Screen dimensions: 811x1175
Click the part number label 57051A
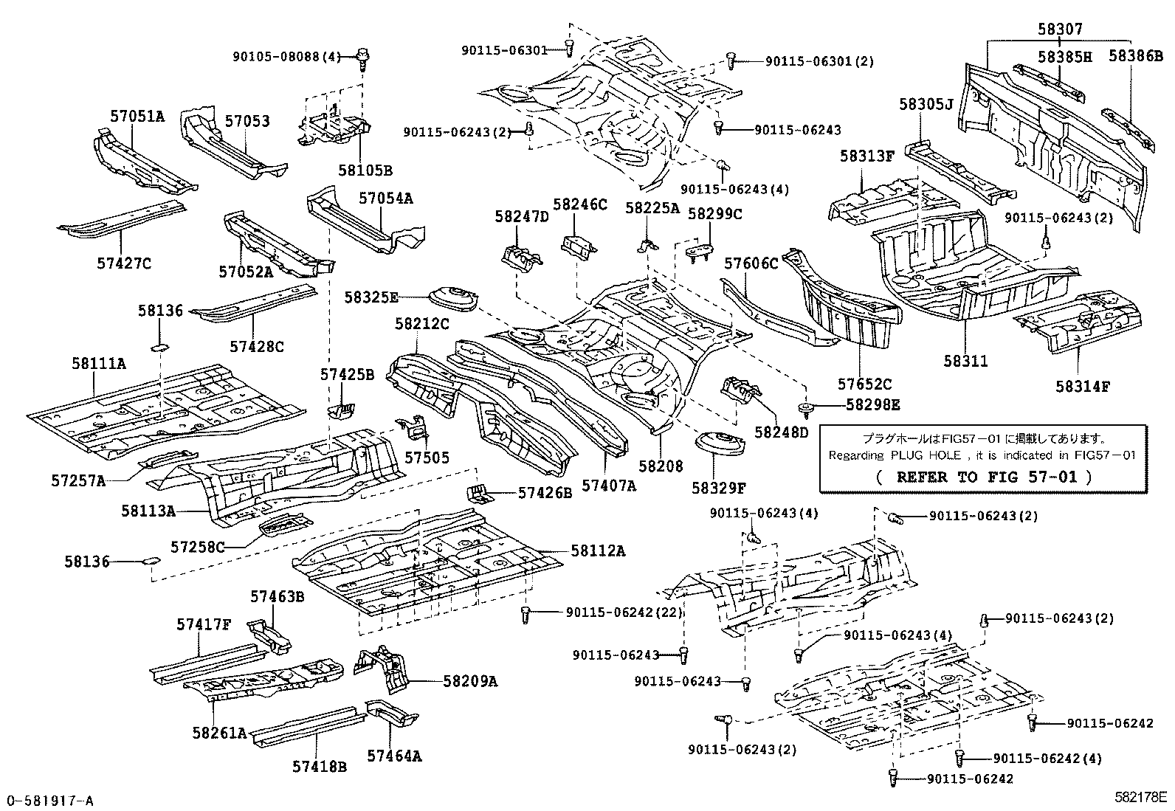[137, 116]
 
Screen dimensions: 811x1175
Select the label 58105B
[365, 170]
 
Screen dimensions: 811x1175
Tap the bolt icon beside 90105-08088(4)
[362, 56]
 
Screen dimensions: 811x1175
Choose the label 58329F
[718, 488]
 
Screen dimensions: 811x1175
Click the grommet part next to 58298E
[807, 406]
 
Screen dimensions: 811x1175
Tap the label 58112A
[597, 551]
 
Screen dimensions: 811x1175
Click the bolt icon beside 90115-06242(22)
[526, 613]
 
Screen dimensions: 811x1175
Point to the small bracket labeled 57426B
[478, 492]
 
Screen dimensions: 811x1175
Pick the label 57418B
[319, 767]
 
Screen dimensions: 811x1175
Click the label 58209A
[470, 681]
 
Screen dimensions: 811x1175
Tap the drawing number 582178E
[1140, 797]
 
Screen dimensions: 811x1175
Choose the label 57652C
[864, 384]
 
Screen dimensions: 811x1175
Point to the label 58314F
[1082, 386]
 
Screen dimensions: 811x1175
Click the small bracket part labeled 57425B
[340, 409]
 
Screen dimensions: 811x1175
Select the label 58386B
[1137, 56]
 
